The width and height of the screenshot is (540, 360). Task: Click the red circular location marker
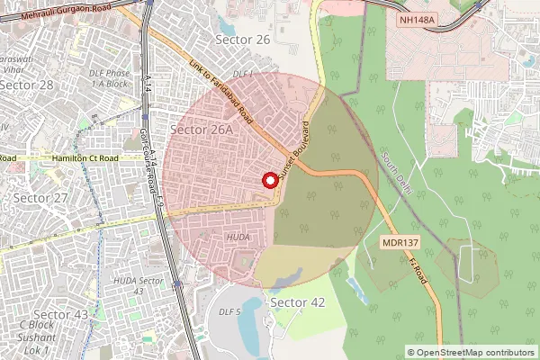[x=268, y=179]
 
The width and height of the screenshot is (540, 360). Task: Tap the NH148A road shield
[x=417, y=18]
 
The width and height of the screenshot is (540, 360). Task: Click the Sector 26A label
[x=202, y=130]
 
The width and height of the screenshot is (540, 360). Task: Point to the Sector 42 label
[x=297, y=302]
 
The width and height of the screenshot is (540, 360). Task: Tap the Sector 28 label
[x=27, y=85]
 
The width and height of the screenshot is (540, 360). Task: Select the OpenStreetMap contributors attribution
[x=471, y=352]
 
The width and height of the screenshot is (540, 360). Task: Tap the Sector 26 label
[x=243, y=40]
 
